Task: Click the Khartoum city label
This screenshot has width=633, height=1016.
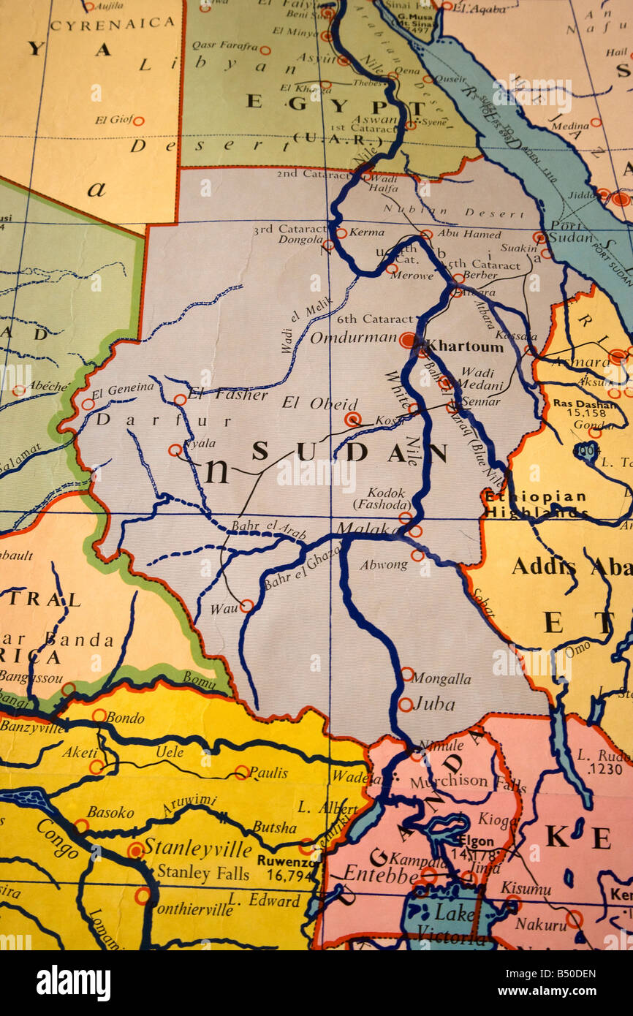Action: tap(464, 346)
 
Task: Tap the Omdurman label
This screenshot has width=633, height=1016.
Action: tap(352, 338)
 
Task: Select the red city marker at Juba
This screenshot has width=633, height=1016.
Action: tap(405, 705)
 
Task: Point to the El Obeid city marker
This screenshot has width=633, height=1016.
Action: tap(353, 419)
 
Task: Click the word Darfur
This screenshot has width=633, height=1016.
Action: tap(164, 420)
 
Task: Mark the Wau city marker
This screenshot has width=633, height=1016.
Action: tap(246, 606)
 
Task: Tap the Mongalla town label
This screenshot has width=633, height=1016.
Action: tap(441, 678)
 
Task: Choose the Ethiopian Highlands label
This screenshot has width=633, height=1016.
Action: tap(534, 504)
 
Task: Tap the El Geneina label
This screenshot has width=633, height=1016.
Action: tap(123, 387)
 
